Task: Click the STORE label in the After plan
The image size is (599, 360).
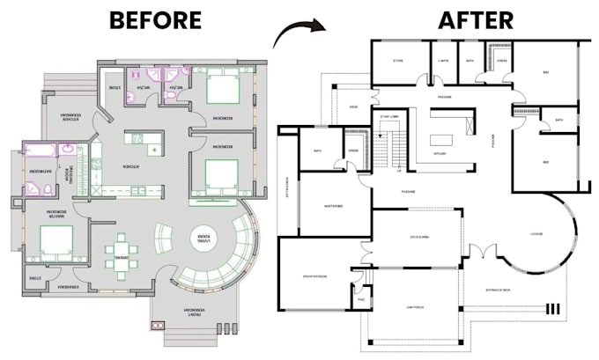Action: click(397, 62)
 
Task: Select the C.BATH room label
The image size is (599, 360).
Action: click(443, 62)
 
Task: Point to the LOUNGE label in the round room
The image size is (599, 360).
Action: click(536, 234)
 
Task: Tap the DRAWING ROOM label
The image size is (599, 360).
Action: click(314, 278)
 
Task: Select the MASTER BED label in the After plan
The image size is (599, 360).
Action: click(333, 206)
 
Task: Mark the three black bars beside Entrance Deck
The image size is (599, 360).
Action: click(553, 309)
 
